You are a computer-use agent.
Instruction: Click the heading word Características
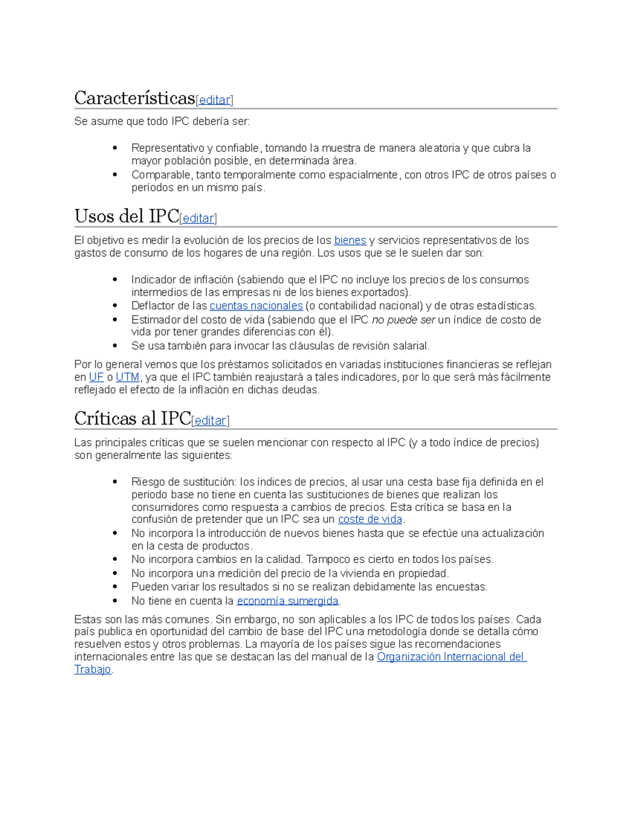[134, 98]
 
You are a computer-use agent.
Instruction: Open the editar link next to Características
[214, 100]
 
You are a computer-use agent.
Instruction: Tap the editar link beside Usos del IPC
[198, 218]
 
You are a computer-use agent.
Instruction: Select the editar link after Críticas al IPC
[210, 420]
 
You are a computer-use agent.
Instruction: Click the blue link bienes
[350, 240]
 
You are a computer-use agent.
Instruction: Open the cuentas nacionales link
[256, 306]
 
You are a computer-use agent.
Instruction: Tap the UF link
[96, 377]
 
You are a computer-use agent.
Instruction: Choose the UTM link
[127, 377]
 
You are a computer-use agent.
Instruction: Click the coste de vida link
[370, 519]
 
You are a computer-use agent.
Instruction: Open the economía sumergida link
[288, 601]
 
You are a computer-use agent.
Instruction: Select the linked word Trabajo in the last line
[93, 669]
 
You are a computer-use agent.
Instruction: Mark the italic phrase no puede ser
[403, 320]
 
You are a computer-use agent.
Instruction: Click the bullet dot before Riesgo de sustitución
[115, 482]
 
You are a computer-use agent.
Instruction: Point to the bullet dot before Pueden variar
[115, 587]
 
